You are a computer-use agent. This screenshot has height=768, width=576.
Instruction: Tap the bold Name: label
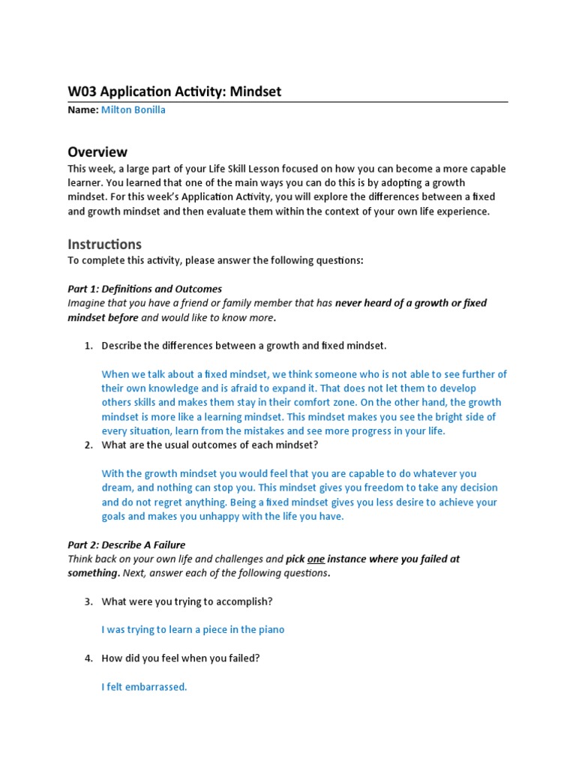pyautogui.click(x=82, y=109)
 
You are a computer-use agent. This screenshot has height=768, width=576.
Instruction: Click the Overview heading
pyautogui.click(x=97, y=152)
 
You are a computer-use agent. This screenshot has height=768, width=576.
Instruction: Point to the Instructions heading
pyautogui.click(x=104, y=244)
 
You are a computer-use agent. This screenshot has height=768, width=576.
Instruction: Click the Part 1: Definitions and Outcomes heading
pyautogui.click(x=145, y=289)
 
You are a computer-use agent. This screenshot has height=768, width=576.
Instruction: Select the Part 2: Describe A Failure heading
pyautogui.click(x=126, y=544)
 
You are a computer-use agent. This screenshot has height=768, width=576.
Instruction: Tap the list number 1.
pyautogui.click(x=87, y=346)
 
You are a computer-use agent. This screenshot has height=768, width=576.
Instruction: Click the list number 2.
pyautogui.click(x=87, y=445)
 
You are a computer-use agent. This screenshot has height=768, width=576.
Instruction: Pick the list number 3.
pyautogui.click(x=87, y=601)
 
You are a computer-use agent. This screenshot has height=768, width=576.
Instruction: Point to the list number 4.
pyautogui.click(x=87, y=658)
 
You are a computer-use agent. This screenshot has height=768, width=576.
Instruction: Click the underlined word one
pyautogui.click(x=316, y=559)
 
